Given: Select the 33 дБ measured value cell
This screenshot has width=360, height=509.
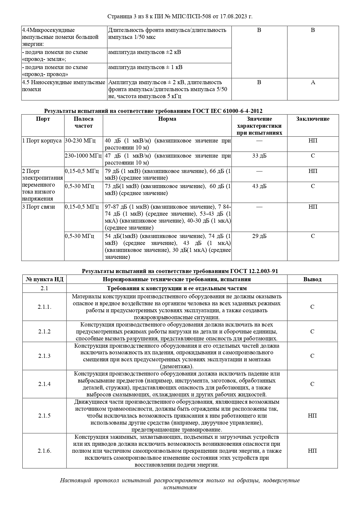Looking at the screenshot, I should (x=259, y=156).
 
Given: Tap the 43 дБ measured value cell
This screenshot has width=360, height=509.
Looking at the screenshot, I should (x=259, y=186).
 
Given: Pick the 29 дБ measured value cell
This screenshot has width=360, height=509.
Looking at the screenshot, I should (x=259, y=236).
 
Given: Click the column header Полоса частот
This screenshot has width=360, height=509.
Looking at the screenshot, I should (x=84, y=122).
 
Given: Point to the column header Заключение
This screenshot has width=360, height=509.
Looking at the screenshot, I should (x=313, y=119).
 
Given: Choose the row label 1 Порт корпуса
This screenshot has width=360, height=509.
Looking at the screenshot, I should (x=42, y=141).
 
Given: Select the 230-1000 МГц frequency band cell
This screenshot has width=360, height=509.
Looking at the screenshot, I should (x=83, y=156).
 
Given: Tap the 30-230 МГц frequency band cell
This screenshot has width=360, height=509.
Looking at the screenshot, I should (x=80, y=141).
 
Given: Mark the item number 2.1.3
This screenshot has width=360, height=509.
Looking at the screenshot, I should (x=44, y=356).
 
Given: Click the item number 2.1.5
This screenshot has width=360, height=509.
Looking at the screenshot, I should (x=44, y=416).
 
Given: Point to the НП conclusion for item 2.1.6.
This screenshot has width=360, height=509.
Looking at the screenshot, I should (x=312, y=451).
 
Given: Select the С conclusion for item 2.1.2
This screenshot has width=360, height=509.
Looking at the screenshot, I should (x=312, y=331).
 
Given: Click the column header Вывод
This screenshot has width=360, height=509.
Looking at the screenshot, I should (x=312, y=279).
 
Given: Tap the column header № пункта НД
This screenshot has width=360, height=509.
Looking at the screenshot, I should (x=44, y=279).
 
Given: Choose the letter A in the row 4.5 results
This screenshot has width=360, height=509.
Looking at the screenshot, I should (x=313, y=82).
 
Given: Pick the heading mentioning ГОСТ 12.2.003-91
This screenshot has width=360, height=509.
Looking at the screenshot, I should (x=180, y=271).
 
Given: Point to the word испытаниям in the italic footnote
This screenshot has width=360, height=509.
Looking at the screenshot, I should (x=180, y=487).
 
